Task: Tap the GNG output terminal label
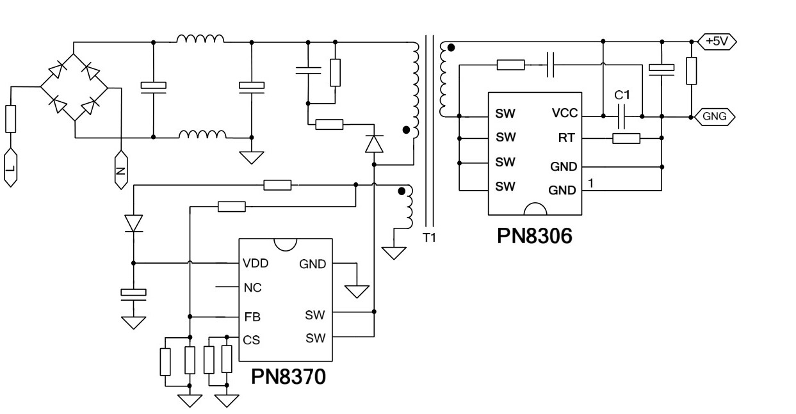tap(715, 116)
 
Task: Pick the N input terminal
tap(120, 170)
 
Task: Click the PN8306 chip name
tap(534, 235)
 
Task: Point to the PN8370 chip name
tap(288, 376)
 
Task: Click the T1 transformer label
tap(429, 237)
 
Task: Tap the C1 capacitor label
tap(622, 95)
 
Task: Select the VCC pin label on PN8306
tap(564, 114)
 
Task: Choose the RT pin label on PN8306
tap(567, 138)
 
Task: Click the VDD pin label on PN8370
tap(256, 263)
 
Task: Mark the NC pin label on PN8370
tap(252, 288)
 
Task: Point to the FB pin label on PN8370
tap(252, 317)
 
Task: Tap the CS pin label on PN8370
tap(252, 340)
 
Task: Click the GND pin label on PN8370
tap(313, 264)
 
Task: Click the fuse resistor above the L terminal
tap(10, 119)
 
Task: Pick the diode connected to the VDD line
tap(133, 223)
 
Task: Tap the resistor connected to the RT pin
tap(626, 138)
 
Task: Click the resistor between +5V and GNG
tap(691, 70)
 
